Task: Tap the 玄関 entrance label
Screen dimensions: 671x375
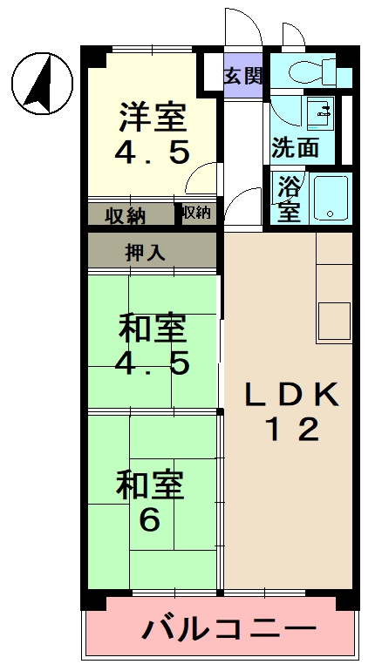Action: pos(242,75)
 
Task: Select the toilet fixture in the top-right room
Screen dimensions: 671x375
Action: pos(314,69)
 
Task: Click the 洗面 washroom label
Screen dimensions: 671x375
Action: pos(294,146)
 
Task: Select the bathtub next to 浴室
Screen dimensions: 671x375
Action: pos(331,198)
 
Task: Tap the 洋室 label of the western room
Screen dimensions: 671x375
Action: pos(152,115)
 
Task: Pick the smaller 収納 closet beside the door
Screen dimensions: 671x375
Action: pos(195,213)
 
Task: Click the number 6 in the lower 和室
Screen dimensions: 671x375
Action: pos(149,520)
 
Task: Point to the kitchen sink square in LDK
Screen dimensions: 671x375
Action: pos(333,321)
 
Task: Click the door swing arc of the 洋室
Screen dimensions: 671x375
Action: pos(202,179)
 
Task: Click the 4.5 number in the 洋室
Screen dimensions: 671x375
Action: pos(152,152)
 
